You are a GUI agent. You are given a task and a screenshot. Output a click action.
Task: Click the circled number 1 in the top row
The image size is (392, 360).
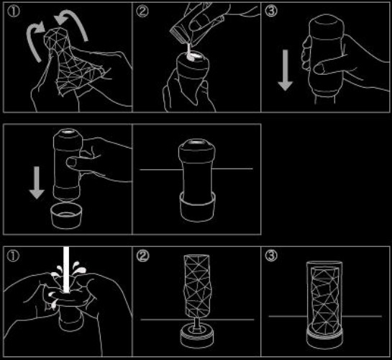click(14, 12)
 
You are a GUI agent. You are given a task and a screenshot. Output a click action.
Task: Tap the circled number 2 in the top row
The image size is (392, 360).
click(142, 12)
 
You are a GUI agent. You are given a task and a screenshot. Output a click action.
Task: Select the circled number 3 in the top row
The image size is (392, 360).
click(271, 12)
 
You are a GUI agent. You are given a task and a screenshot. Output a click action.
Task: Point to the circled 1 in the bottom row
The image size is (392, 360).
click(13, 256)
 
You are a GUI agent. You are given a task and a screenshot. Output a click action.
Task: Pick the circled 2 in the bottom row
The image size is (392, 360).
click(142, 256)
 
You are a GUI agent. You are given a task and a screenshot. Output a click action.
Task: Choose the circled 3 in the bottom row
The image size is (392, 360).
click(271, 256)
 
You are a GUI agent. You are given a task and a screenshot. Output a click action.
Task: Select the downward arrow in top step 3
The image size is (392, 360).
click(286, 70)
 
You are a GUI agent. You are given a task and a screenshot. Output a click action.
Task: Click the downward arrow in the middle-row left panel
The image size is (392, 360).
click(37, 183)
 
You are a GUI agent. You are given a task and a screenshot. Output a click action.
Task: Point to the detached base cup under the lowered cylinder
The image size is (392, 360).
click(65, 216)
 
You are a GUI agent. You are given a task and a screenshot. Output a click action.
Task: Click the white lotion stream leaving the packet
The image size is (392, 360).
click(189, 52)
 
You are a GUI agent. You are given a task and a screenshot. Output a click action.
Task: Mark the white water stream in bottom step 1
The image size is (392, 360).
click(66, 270)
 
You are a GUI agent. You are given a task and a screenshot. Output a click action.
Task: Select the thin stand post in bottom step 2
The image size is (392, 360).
click(197, 325)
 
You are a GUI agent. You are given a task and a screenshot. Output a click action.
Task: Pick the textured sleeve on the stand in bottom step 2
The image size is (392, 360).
click(198, 286)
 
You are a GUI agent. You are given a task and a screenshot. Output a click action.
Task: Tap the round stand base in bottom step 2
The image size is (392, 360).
click(197, 336)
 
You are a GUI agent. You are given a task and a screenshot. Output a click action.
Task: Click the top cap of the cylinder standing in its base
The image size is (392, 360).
click(197, 148)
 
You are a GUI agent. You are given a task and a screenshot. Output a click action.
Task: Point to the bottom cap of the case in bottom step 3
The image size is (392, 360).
click(324, 338)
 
